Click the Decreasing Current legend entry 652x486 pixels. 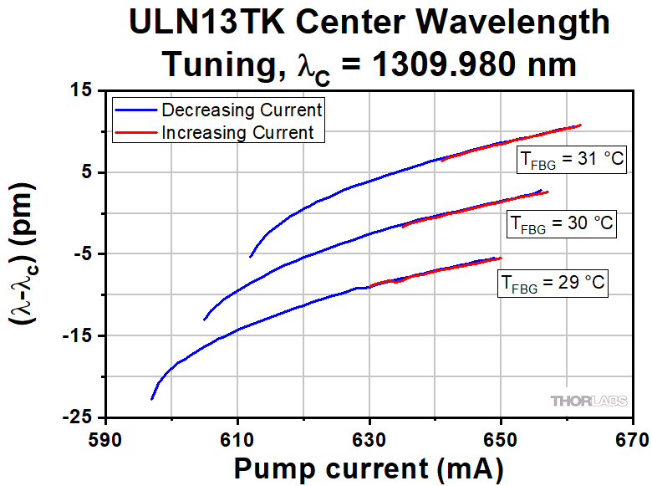click(x=242, y=110)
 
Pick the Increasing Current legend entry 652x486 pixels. click(x=237, y=132)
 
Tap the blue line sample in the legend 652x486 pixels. click(x=135, y=110)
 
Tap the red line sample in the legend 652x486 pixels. click(x=135, y=132)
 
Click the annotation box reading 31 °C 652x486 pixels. click(x=568, y=161)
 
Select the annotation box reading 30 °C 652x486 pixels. click(x=562, y=224)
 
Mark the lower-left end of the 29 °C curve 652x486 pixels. click(x=152, y=399)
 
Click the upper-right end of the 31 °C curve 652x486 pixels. click(x=579, y=125)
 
